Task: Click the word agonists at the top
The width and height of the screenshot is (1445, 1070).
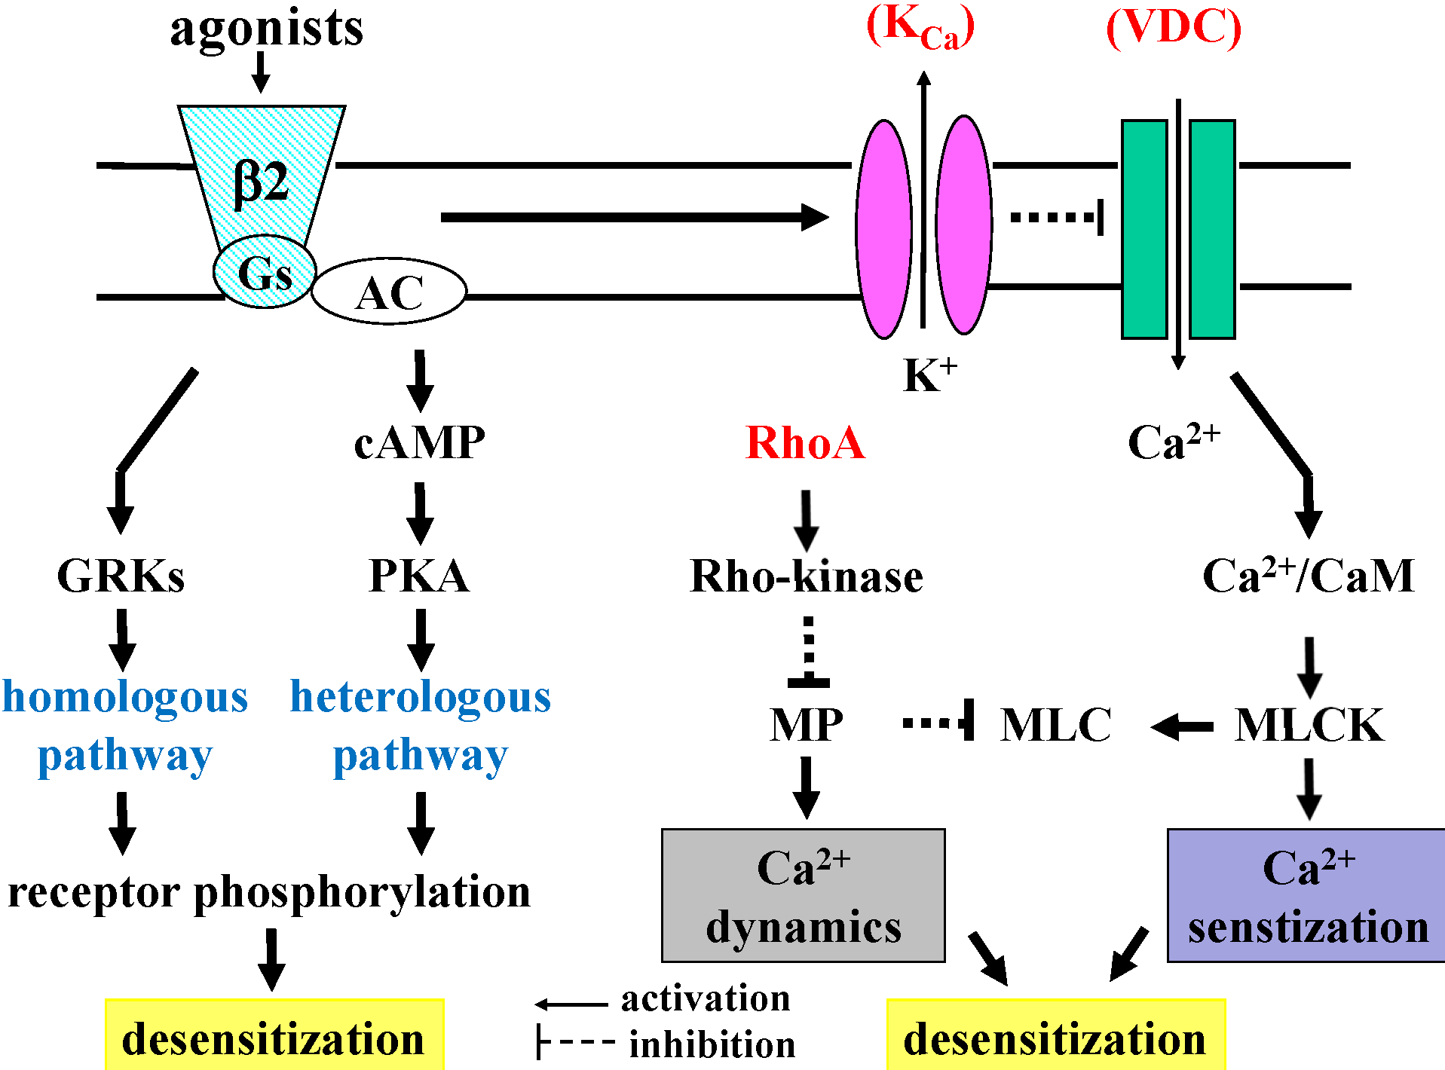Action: click(x=267, y=29)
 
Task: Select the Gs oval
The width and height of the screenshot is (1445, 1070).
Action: click(x=264, y=272)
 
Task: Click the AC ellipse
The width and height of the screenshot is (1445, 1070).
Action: click(x=389, y=292)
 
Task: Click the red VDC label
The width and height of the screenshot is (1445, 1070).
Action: click(x=1173, y=29)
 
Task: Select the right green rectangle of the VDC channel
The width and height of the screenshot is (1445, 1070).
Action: click(x=1212, y=229)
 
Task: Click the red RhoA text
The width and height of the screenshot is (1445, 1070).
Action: click(x=805, y=442)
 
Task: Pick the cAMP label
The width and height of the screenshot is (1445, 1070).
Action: click(x=419, y=442)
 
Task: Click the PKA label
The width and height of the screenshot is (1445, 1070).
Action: click(x=419, y=576)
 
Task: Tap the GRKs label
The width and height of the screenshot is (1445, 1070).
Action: click(x=121, y=576)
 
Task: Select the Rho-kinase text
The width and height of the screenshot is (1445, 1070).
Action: click(x=806, y=576)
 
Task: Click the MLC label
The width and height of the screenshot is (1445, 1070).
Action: click(x=1055, y=725)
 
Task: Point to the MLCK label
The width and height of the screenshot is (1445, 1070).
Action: click(x=1309, y=725)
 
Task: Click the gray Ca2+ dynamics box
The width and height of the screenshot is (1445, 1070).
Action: click(x=803, y=895)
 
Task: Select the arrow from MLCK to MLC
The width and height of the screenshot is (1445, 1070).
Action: click(x=1182, y=727)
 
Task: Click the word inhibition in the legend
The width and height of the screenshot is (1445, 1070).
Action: click(x=712, y=1045)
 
